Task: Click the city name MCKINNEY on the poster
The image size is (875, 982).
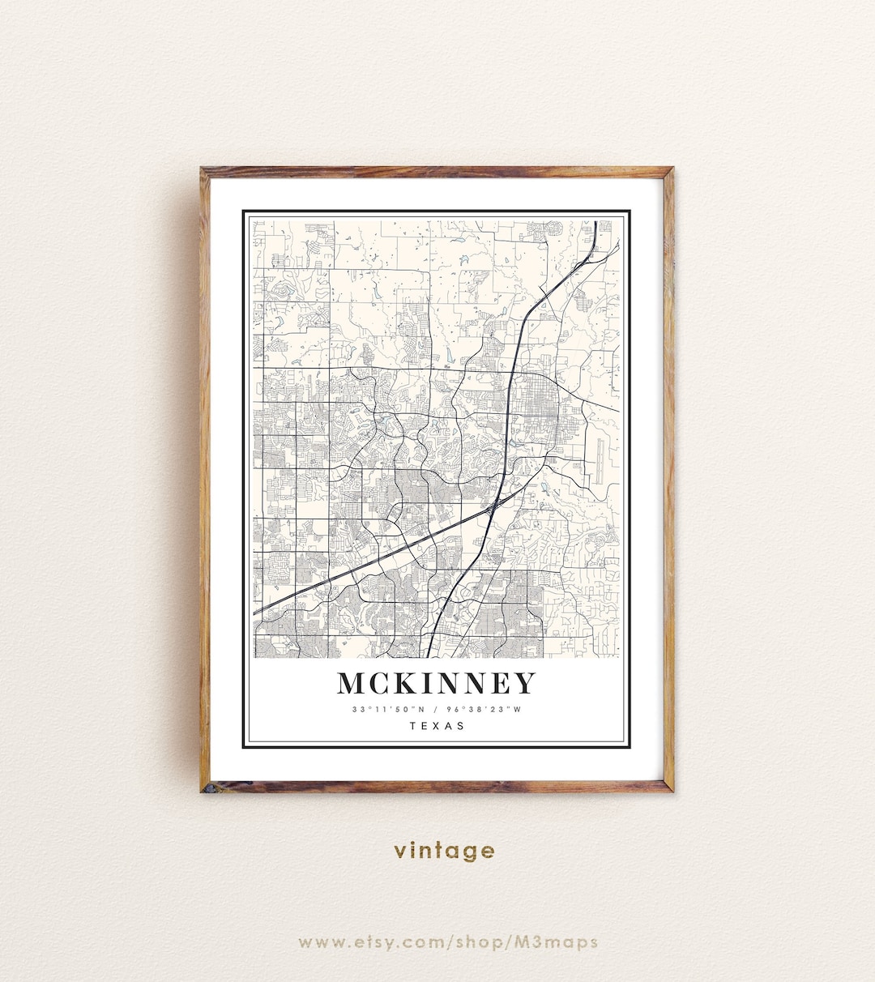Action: point(436,683)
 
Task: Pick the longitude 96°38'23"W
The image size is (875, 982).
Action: point(486,710)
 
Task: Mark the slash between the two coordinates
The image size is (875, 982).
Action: point(436,710)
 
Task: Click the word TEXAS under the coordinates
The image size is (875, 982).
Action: point(437,726)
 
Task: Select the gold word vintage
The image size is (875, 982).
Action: point(444,851)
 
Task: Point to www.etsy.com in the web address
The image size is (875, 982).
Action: point(365,941)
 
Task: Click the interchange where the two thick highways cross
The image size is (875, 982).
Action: point(493,507)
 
